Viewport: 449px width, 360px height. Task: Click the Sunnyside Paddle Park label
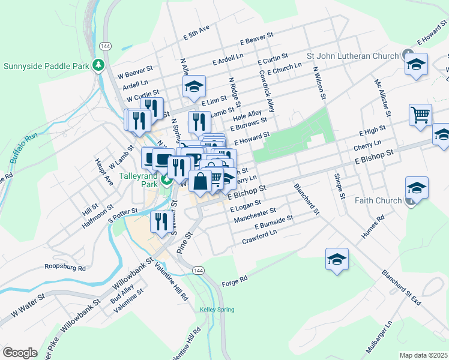coord(46,65)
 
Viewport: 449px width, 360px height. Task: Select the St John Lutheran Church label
coord(352,56)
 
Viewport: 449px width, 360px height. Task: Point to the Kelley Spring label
coord(214,310)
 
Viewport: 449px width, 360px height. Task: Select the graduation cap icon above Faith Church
coord(417,188)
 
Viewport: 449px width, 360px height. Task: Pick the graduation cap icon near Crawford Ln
coord(337,259)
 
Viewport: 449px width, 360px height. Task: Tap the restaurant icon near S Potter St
coord(160,221)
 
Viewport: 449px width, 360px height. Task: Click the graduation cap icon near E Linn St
coord(194,86)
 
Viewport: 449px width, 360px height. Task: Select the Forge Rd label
coord(235,280)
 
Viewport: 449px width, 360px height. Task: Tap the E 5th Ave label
coord(196,32)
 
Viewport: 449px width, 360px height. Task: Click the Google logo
coord(20,352)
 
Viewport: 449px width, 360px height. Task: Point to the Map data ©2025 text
coord(423,355)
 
